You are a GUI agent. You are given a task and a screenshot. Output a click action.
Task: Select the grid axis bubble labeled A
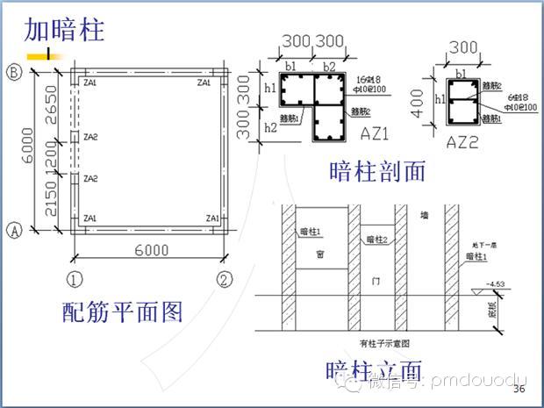point(14,231)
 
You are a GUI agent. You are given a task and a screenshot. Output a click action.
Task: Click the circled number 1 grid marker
point(75,280)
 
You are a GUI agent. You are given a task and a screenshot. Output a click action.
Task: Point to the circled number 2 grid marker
point(226,280)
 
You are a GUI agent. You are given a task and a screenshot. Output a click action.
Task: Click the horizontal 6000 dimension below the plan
point(151,250)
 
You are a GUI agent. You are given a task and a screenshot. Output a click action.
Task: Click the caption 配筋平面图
point(122,311)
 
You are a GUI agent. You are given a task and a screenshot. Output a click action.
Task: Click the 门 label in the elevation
point(375,279)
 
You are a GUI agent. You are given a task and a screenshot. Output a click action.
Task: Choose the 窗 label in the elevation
point(319,255)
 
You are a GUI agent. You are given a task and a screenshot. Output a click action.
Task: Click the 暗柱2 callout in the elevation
point(376,240)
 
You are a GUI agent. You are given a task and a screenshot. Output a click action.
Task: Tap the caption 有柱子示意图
point(384,344)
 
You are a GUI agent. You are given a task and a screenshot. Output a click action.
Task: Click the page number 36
point(519,389)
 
